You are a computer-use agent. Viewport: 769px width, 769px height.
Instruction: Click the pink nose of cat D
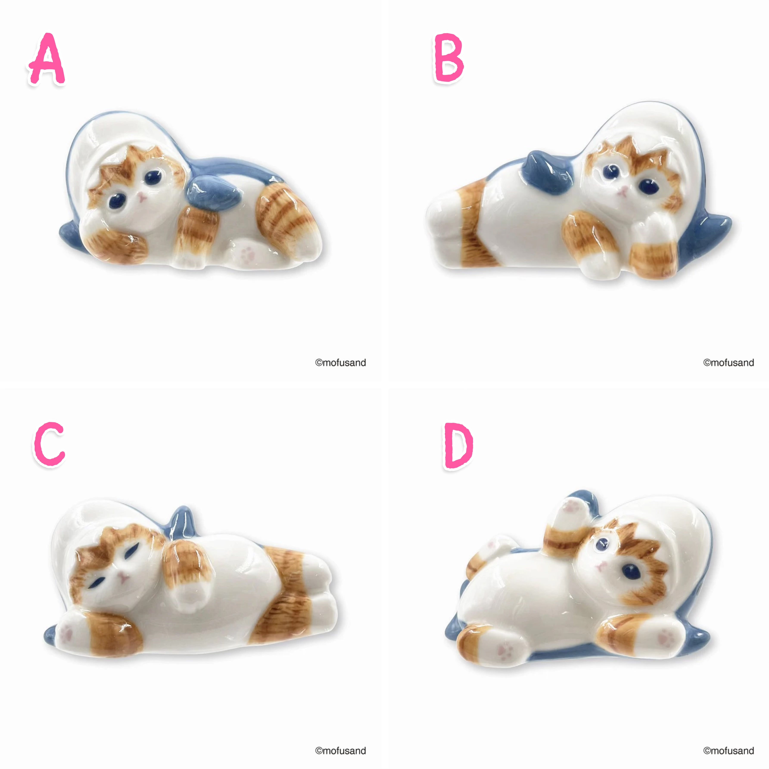click(601, 565)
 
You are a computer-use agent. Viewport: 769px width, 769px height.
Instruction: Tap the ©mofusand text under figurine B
click(729, 363)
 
